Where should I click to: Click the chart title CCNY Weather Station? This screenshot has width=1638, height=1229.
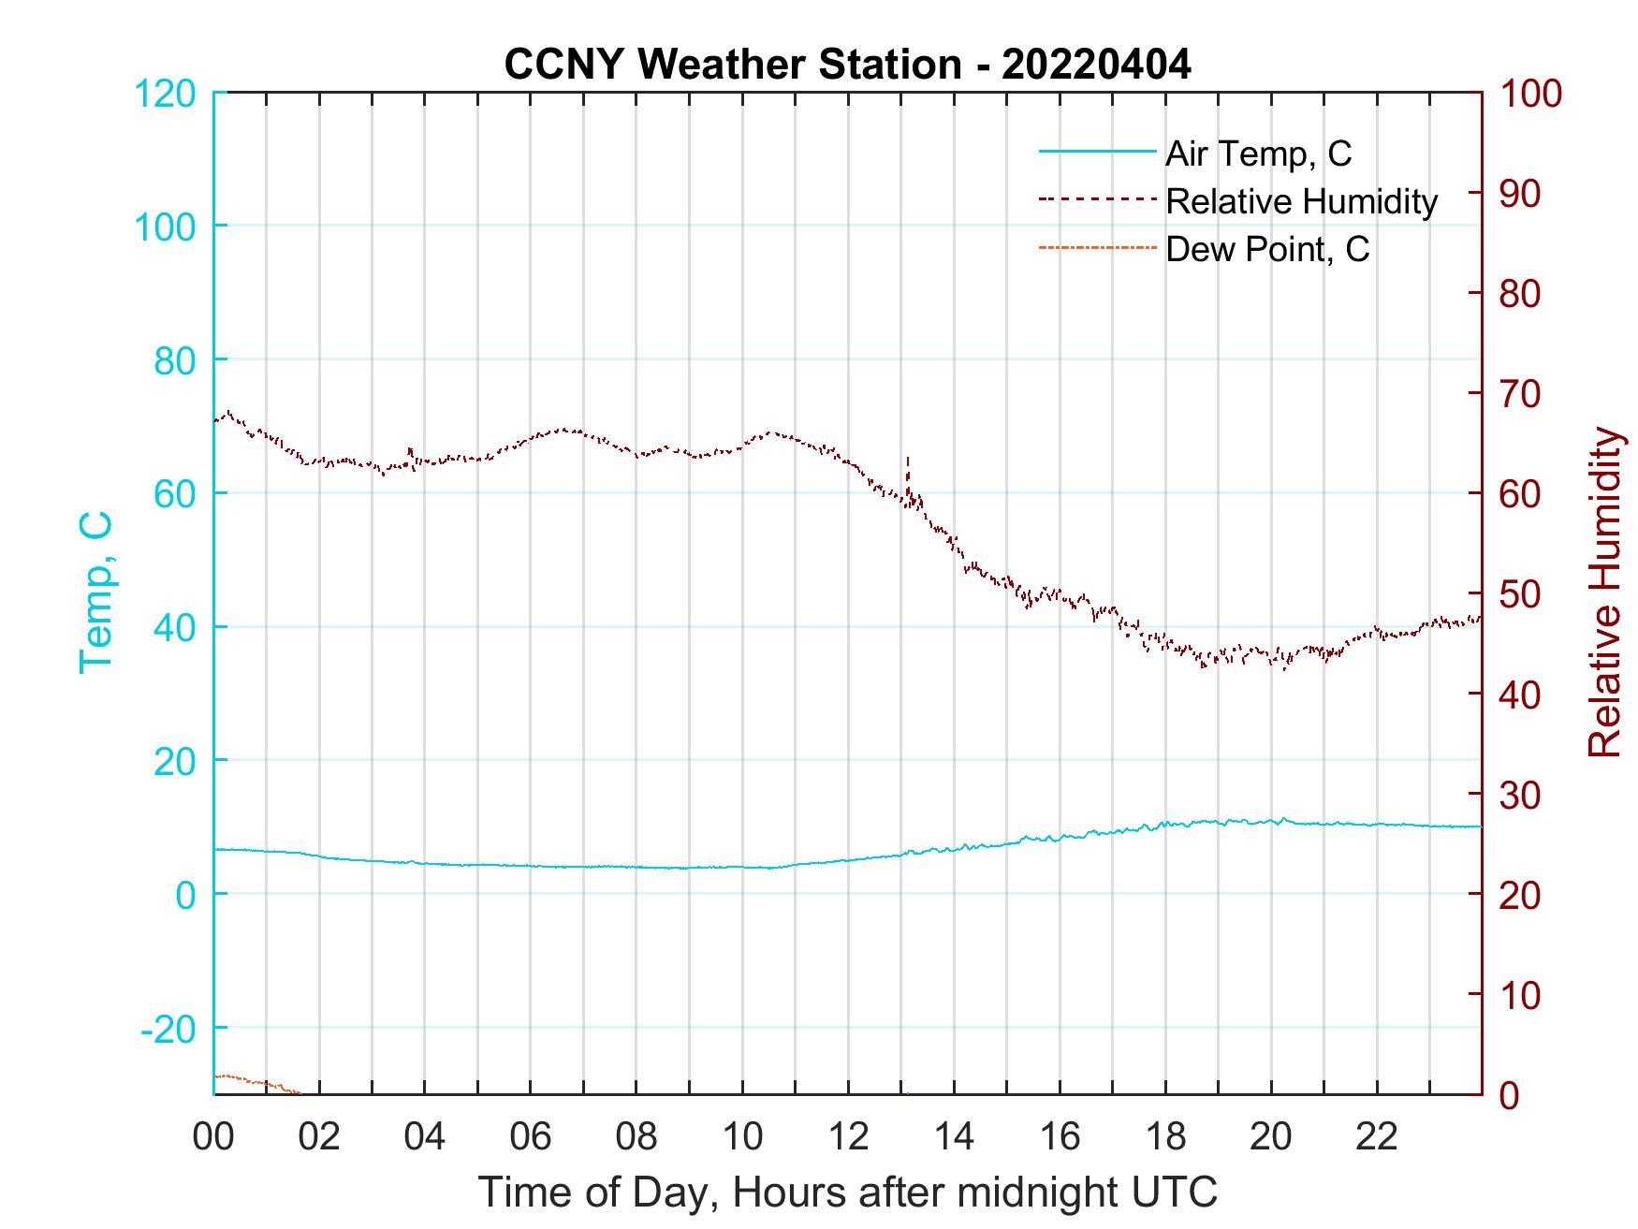pos(847,65)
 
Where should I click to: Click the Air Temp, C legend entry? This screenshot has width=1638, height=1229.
pos(1258,153)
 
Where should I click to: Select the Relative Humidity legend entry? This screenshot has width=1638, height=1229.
pos(1301,201)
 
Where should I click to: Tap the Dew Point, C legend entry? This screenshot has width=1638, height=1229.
pos(1267,249)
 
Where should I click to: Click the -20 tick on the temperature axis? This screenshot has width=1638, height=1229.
pos(168,1029)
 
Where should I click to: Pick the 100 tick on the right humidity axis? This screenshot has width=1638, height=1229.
pos(1530,93)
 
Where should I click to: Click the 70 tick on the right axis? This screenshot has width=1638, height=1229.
pos(1520,394)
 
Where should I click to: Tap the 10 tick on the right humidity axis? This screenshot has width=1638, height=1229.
pos(1520,995)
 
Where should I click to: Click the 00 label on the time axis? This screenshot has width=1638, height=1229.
pos(213,1137)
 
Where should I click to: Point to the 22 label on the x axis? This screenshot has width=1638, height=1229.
pos(1377,1137)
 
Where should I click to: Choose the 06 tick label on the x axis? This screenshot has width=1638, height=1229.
pos(531,1137)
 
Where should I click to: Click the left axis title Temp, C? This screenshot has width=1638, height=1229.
pos(95,593)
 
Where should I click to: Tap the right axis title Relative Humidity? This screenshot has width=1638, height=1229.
pos(1604,593)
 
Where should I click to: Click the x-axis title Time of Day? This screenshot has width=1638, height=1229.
pos(847,1192)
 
